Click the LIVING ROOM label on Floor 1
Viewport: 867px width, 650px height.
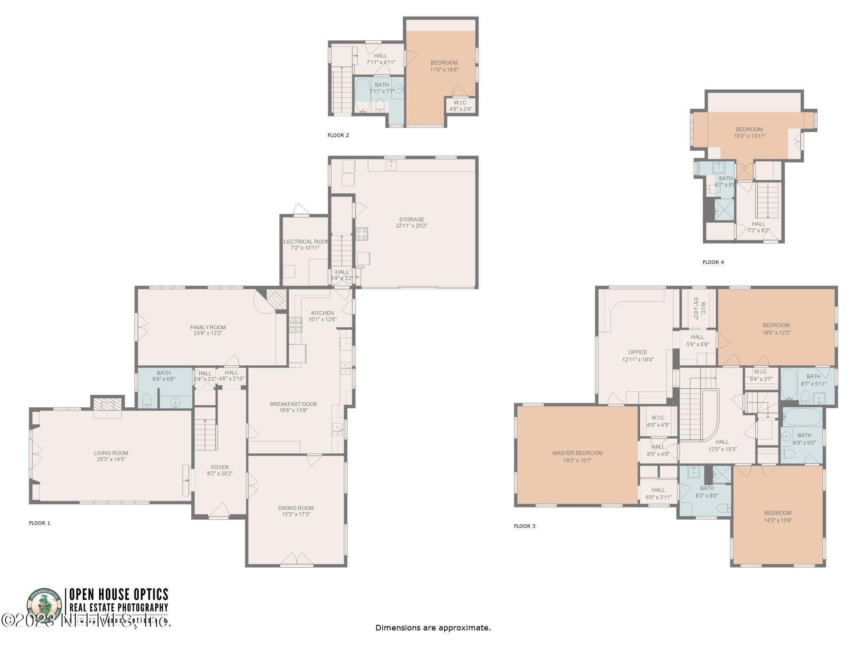pos(111,453)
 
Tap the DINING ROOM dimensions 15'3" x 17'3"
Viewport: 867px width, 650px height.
pos(296,514)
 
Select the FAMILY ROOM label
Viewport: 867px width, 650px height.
pos(208,327)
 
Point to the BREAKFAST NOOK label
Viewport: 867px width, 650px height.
pos(293,404)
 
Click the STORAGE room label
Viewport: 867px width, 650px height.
pos(411,219)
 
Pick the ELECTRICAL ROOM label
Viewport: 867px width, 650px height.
pos(305,241)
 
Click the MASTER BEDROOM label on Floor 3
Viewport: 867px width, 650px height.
pos(577,453)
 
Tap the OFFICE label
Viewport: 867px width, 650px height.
pos(637,352)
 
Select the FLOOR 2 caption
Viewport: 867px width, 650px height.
pos(338,135)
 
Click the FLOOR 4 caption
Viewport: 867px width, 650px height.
pos(713,262)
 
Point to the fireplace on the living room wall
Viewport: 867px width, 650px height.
pos(108,406)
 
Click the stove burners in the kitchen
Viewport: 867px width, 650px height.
pos(296,325)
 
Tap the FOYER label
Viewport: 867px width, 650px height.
pos(220,467)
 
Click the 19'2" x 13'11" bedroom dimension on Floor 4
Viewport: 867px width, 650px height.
pos(750,136)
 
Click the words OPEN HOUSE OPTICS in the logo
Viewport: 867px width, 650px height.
pos(118,594)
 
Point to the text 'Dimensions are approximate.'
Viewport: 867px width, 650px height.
pos(433,627)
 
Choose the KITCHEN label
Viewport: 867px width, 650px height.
pos(323,313)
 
